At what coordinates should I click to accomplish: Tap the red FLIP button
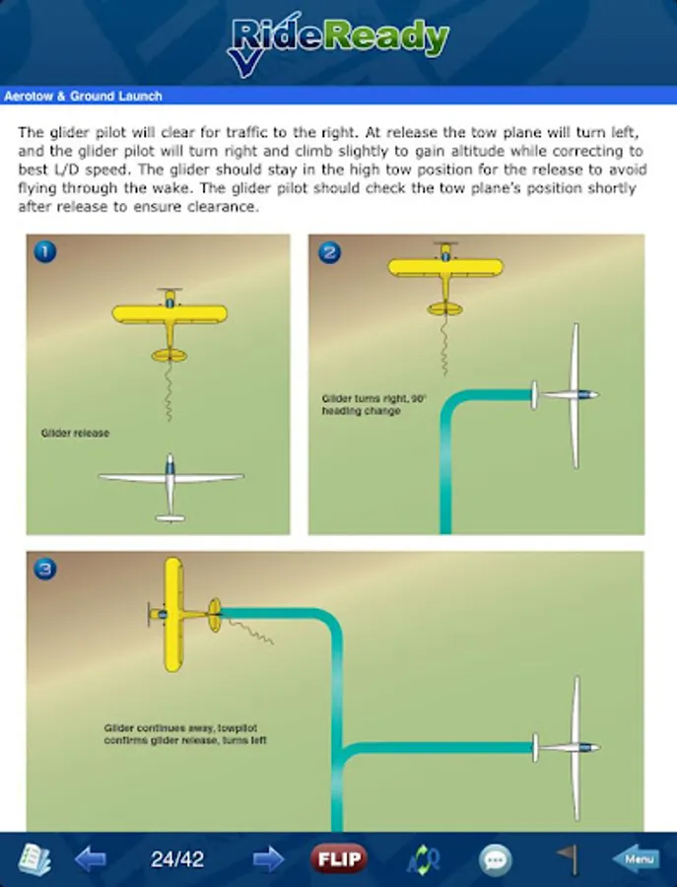pyautogui.click(x=339, y=858)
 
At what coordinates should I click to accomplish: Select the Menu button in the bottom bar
pyautogui.click(x=637, y=858)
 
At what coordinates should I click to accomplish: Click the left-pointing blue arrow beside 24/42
pyautogui.click(x=91, y=859)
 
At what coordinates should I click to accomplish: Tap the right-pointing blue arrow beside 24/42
pyautogui.click(x=268, y=859)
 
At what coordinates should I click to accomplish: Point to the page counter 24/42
pyautogui.click(x=177, y=859)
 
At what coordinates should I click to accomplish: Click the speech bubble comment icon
pyautogui.click(x=496, y=859)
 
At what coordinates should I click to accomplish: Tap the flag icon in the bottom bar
pyautogui.click(x=567, y=858)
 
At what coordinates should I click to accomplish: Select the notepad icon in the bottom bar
pyautogui.click(x=34, y=859)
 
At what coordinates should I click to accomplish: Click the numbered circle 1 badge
pyautogui.click(x=45, y=251)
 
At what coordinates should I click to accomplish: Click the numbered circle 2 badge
pyautogui.click(x=330, y=252)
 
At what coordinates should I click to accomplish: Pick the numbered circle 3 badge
pyautogui.click(x=45, y=569)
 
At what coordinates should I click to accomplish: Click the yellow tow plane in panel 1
pyautogui.click(x=169, y=324)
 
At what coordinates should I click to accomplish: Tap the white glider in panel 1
pyautogui.click(x=170, y=487)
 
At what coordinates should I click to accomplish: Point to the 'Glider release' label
pyautogui.click(x=75, y=434)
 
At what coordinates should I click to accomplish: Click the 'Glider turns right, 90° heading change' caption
pyautogui.click(x=373, y=404)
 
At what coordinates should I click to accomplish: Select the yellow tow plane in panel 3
pyautogui.click(x=184, y=614)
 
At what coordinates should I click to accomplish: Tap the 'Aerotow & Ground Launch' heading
pyautogui.click(x=83, y=97)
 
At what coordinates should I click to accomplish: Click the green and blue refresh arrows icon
pyautogui.click(x=424, y=859)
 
